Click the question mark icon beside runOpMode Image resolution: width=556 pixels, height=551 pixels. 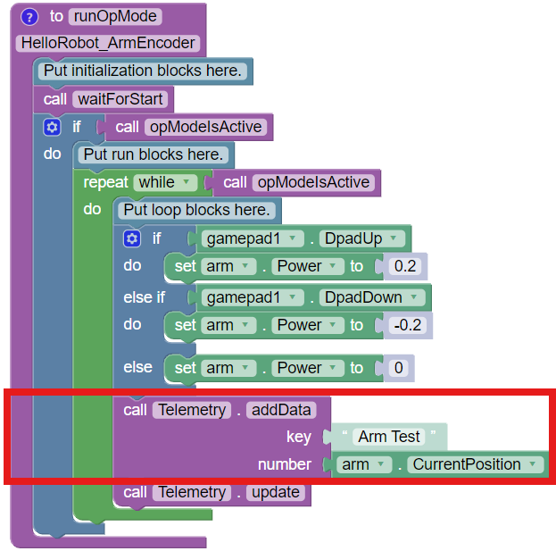[x=29, y=17]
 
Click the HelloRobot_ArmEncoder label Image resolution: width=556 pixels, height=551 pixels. [x=108, y=43]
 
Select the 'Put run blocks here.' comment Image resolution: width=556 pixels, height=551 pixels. [x=154, y=154]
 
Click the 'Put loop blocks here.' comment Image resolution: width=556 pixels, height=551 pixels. [x=197, y=210]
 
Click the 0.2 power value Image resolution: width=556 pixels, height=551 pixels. [x=406, y=266]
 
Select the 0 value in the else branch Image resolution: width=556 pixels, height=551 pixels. [x=397, y=368]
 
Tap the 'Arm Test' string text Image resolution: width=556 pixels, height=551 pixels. [x=389, y=437]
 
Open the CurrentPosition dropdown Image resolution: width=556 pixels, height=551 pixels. [x=475, y=464]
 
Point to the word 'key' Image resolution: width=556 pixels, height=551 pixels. [x=299, y=437]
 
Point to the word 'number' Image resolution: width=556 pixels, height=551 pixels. [x=285, y=464]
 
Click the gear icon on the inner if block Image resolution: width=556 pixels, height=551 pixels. [x=133, y=238]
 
